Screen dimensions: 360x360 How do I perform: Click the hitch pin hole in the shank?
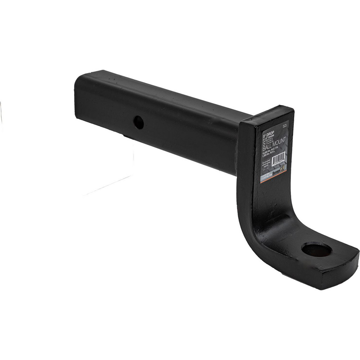point(139,123)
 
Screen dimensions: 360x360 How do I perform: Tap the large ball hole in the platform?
point(316,249)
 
